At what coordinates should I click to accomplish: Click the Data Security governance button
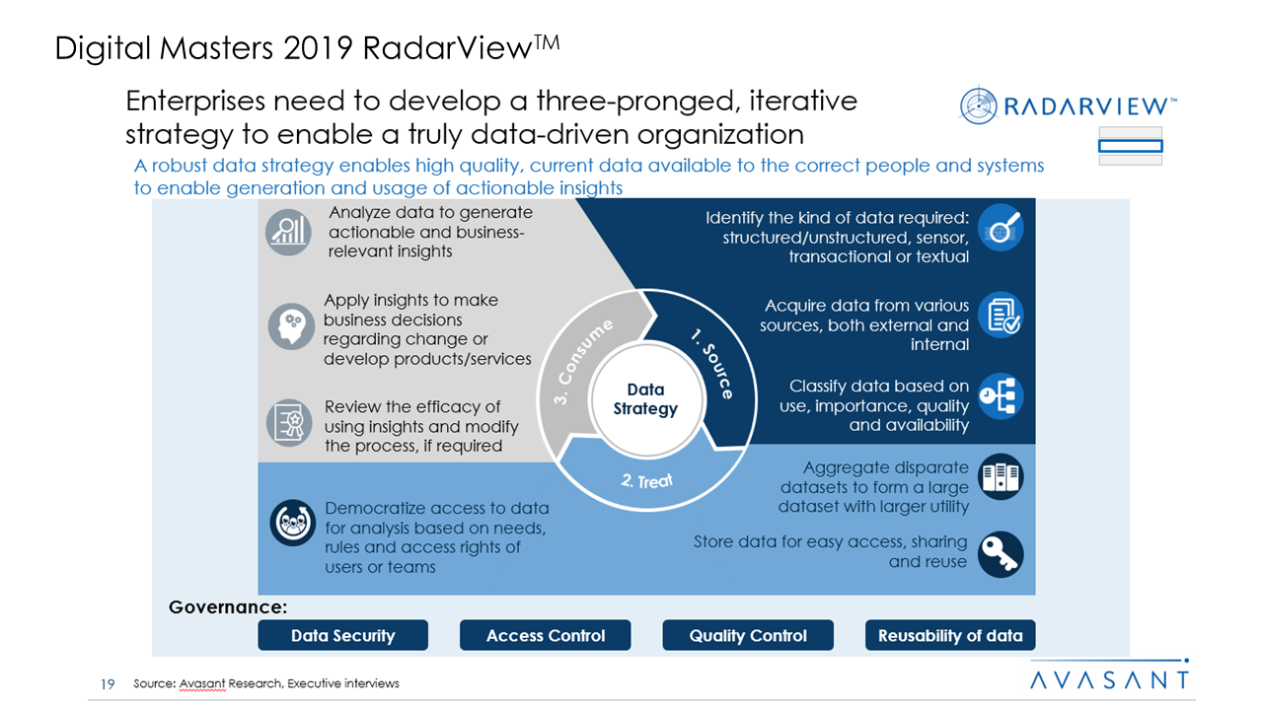click(x=342, y=636)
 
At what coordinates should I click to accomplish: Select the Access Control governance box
click(x=545, y=636)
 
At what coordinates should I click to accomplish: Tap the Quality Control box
click(x=748, y=636)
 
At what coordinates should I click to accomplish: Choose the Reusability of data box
click(x=950, y=636)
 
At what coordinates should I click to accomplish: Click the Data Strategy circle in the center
click(x=645, y=399)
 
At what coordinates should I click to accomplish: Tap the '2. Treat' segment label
click(x=647, y=481)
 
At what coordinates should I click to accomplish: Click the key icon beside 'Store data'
click(x=1001, y=554)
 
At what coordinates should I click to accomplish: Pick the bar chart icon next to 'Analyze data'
click(x=288, y=233)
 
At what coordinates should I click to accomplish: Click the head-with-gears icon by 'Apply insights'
click(x=290, y=326)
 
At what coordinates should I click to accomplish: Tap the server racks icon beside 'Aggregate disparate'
click(x=1001, y=478)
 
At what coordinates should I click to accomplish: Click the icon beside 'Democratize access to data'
click(x=292, y=524)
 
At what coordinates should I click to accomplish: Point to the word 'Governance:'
click(x=227, y=607)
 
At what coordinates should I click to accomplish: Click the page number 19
click(x=109, y=683)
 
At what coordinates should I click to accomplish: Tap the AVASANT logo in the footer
click(x=1109, y=679)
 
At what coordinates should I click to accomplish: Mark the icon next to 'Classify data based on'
click(x=1001, y=396)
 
